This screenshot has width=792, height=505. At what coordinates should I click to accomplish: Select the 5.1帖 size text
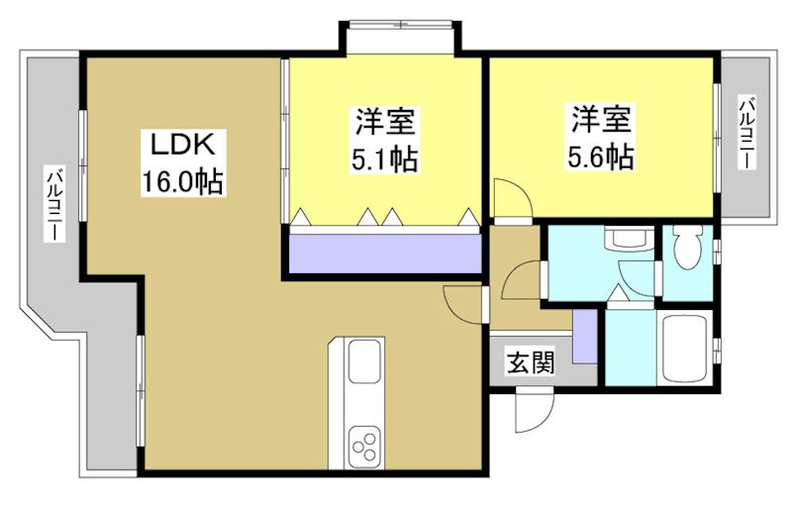tap(385, 157)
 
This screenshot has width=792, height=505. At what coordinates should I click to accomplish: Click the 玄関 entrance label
tap(532, 363)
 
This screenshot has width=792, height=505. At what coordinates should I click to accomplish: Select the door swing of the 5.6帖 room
tap(510, 196)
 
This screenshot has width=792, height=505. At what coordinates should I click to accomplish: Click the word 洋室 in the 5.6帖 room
tap(600, 120)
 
